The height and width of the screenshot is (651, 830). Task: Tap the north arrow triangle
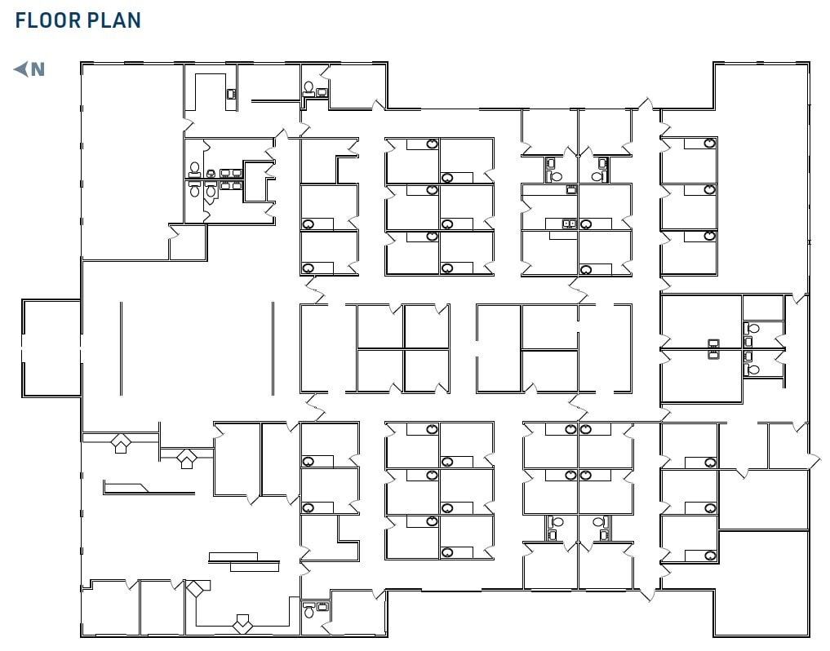click(21, 69)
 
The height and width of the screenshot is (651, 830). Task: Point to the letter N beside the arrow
click(38, 70)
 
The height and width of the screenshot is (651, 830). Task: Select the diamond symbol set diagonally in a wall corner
click(197, 589)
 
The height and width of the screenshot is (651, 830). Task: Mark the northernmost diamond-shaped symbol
click(120, 443)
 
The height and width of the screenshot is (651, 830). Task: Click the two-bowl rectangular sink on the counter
click(569, 223)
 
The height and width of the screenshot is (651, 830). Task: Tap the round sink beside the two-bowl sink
click(585, 224)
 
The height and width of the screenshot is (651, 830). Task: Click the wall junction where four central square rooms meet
click(403, 348)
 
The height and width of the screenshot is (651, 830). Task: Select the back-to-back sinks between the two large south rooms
click(713, 348)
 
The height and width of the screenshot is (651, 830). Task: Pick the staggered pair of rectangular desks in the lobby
click(244, 560)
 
